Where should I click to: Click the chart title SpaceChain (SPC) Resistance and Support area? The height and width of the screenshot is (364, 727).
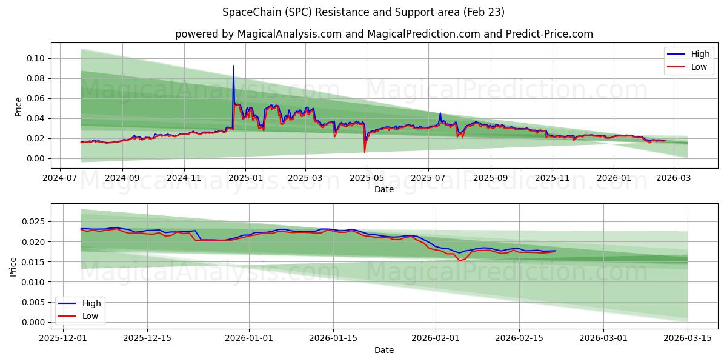[363, 12]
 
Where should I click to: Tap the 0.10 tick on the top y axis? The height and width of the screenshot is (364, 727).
[36, 58]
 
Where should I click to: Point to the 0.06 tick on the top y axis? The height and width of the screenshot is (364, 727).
[36, 98]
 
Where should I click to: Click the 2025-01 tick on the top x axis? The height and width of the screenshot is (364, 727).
[245, 179]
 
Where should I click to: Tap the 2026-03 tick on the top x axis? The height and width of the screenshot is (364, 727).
[673, 179]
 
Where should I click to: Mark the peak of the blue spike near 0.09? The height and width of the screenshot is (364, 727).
[233, 66]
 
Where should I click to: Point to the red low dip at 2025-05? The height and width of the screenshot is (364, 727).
[365, 152]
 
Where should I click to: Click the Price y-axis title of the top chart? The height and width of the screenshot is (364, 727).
[18, 107]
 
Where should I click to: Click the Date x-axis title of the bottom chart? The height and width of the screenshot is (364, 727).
[383, 350]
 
